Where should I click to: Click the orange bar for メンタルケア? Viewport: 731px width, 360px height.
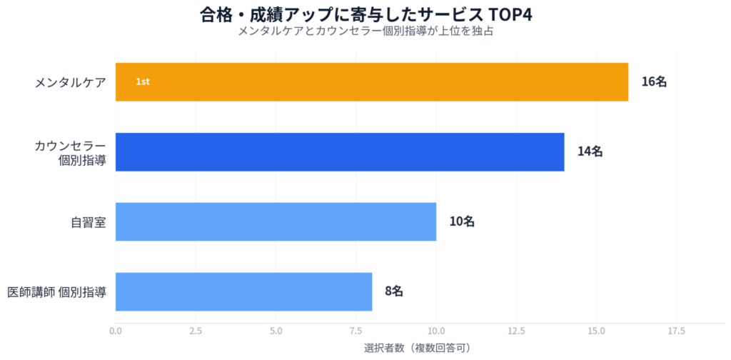371,81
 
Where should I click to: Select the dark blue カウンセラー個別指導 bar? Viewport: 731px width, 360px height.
339,151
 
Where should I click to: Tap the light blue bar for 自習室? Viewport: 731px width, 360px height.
275,221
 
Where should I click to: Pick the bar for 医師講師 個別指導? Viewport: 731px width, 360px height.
243,291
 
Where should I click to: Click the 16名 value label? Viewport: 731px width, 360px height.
653,81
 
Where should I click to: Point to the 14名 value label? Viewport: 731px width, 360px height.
590,151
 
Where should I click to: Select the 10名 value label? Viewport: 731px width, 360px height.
461,221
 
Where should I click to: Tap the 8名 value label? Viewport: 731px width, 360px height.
394,291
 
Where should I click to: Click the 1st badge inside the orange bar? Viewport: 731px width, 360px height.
143,82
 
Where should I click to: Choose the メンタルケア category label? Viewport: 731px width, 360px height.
71,82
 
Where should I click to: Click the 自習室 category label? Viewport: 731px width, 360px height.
89,222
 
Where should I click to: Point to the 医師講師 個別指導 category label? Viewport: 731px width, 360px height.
57,292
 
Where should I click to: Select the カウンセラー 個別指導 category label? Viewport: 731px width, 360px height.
71,152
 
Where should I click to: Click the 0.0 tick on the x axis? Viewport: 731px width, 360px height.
115,331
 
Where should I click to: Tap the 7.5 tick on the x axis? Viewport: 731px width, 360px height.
356,331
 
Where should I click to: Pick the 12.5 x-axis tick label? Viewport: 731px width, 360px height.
516,331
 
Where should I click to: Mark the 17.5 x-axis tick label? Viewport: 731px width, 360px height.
676,331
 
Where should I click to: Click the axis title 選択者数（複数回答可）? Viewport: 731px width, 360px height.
416,348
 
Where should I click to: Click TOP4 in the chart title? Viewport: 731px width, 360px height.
509,15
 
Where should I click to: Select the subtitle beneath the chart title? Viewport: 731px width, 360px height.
365,32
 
